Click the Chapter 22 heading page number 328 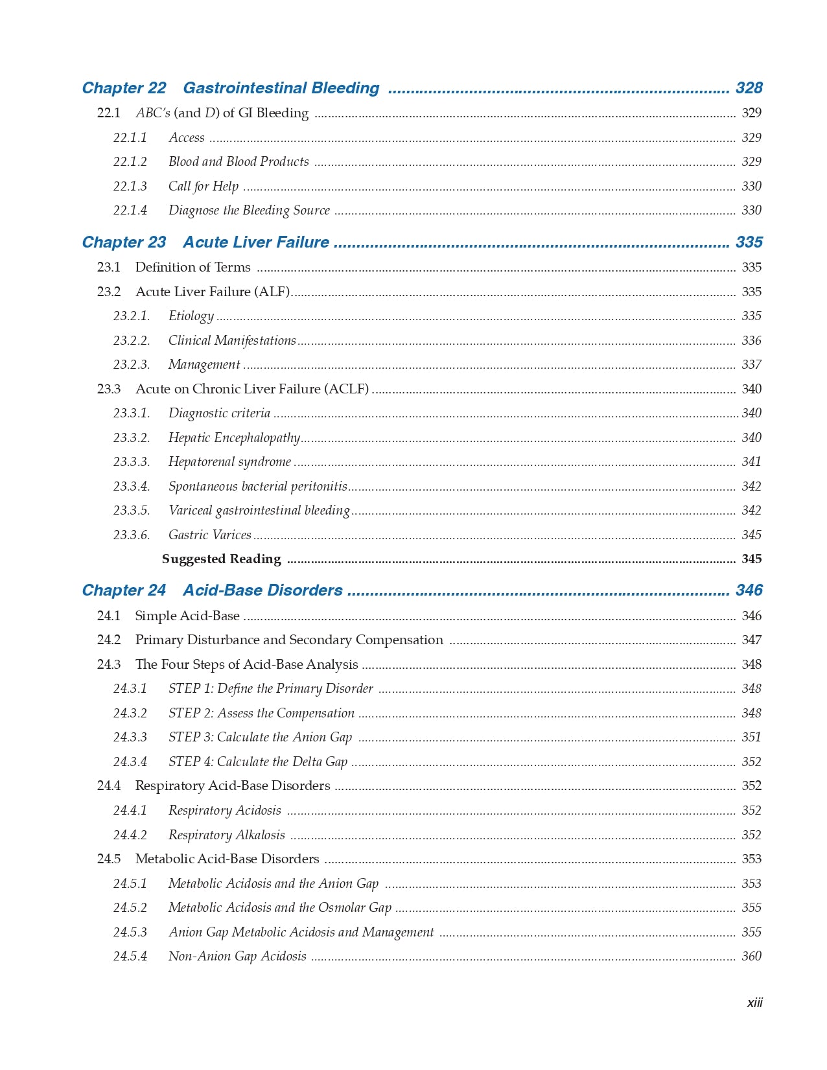click(749, 88)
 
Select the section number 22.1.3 click(130, 187)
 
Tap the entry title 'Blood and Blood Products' click(239, 162)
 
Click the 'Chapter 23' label click(124, 242)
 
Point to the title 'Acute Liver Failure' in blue click(256, 242)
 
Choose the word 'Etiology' click(191, 316)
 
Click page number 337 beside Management click(751, 365)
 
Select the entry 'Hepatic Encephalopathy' click(234, 438)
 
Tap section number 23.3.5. click(131, 511)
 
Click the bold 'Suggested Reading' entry click(221, 559)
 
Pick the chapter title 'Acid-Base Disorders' click(262, 590)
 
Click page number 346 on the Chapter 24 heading click(749, 590)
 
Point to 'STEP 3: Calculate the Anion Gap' click(260, 738)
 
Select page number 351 click(751, 738)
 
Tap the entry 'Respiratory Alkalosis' click(226, 835)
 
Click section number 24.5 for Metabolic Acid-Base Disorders click(109, 859)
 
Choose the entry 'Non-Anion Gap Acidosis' click(237, 957)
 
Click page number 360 click(751, 957)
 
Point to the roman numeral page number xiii click(754, 1003)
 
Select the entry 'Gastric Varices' click(209, 535)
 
